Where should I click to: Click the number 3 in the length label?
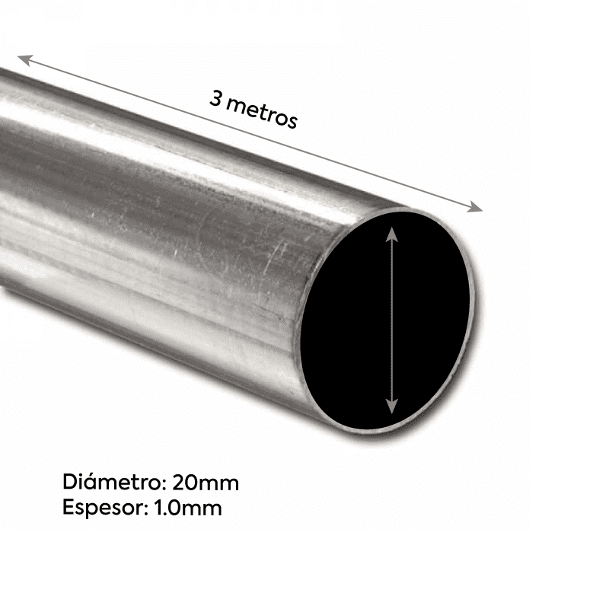[x=215, y=99]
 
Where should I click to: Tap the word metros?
[x=262, y=112]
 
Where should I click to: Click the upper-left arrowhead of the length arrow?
[x=24, y=59]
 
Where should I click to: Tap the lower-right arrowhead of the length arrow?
[x=477, y=207]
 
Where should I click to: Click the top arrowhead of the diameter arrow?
[x=392, y=229]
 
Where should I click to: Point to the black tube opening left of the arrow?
[x=346, y=320]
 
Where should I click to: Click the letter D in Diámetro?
[x=69, y=483]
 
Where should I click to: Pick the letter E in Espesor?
[x=68, y=508]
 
